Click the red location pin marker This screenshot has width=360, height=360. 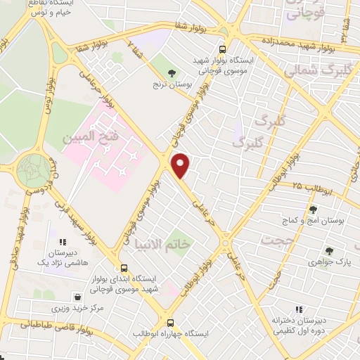[181, 166]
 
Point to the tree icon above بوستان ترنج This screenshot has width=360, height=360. [172, 72]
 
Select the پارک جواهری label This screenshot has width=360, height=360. [328, 262]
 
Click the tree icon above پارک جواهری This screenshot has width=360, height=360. [328, 250]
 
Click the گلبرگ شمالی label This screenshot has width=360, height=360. [315, 72]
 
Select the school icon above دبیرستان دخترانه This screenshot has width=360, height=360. [297, 309]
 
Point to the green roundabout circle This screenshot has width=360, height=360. [33, 169]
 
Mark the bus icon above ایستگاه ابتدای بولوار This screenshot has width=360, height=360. [124, 268]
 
